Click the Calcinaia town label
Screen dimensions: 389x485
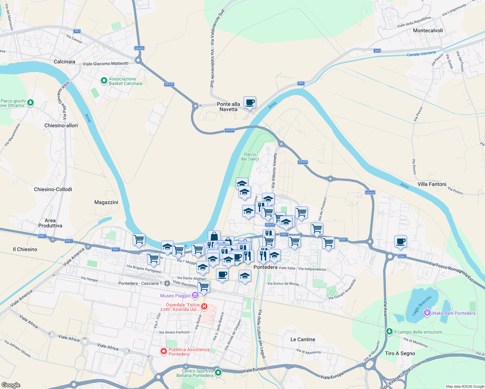click(x=65, y=62)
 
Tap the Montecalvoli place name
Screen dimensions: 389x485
click(x=428, y=30)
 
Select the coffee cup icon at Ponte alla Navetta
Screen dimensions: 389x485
click(x=250, y=102)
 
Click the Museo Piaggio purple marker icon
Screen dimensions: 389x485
click(x=195, y=295)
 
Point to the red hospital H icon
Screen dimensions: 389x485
click(x=204, y=306)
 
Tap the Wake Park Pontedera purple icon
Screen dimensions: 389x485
click(x=427, y=313)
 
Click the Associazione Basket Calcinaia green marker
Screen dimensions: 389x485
click(x=104, y=81)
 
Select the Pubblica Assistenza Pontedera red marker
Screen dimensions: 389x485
click(x=164, y=351)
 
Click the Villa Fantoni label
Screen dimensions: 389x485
click(x=432, y=184)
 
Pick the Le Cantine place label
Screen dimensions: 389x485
click(x=303, y=339)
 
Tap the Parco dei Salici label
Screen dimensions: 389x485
click(x=250, y=157)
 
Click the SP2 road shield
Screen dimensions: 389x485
click(x=77, y=31)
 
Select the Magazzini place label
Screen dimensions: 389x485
click(x=106, y=202)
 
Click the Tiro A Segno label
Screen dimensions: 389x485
click(x=400, y=353)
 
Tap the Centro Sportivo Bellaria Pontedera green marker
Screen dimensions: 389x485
click(x=218, y=372)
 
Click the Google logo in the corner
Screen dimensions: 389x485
click(x=11, y=385)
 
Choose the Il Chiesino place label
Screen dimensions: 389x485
click(x=25, y=249)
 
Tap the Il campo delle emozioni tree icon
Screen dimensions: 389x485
click(x=389, y=331)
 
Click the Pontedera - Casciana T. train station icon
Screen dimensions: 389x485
click(x=167, y=283)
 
